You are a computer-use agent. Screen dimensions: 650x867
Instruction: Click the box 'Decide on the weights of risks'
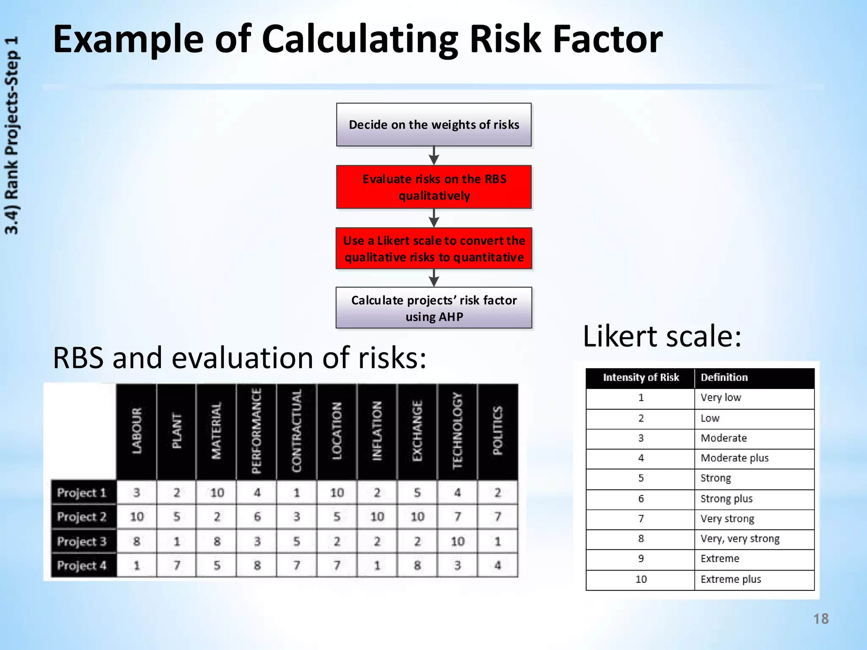point(433,125)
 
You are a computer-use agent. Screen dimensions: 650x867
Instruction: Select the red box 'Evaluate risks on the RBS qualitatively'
point(433,187)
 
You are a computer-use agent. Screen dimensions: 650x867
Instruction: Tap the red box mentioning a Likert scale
point(433,249)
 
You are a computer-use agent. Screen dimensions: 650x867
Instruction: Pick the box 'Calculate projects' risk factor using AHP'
point(433,308)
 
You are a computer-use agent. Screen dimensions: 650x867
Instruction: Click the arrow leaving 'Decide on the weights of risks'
point(433,156)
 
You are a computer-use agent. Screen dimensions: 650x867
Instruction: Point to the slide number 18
point(820,619)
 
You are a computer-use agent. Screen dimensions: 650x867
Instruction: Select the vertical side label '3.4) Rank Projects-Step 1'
point(12,135)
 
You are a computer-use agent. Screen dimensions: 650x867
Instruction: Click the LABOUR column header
point(136,432)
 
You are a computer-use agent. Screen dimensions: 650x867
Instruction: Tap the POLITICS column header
point(497,432)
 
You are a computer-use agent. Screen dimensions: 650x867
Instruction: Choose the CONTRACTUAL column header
point(296,432)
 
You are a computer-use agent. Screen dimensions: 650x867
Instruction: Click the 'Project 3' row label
point(82,541)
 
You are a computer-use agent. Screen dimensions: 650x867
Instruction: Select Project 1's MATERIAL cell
point(217,493)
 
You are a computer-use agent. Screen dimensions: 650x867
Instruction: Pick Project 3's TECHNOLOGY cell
point(457,541)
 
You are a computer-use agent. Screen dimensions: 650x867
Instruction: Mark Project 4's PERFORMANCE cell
point(257,565)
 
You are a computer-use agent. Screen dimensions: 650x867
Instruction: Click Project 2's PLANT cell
point(177,517)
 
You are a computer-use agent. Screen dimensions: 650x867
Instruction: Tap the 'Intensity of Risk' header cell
point(641,377)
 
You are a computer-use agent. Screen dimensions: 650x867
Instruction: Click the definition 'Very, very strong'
point(740,539)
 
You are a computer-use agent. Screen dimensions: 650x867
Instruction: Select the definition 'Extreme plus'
point(731,579)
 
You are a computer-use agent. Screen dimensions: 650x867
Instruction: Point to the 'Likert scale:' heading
point(662,336)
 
